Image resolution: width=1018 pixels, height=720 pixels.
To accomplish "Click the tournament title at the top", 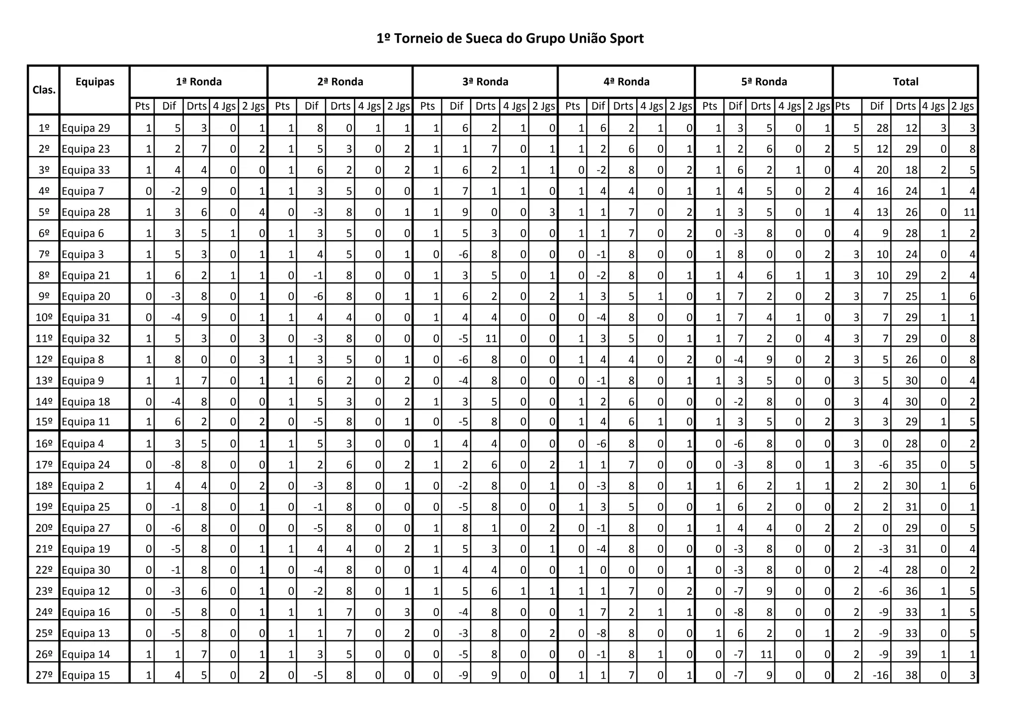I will point(510,39).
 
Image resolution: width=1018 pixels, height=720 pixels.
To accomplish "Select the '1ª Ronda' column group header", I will point(199,82).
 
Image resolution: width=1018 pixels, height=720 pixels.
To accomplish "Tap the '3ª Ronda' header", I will point(485,82).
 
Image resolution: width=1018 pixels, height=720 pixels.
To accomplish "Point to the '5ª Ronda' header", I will point(764,82).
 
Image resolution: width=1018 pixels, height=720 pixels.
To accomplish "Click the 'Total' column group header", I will point(906,82).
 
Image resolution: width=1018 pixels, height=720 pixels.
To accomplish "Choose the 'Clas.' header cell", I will point(44,90).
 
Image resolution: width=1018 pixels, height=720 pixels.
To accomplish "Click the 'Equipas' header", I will point(95,82).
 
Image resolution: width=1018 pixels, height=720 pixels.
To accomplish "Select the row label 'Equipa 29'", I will point(86,128).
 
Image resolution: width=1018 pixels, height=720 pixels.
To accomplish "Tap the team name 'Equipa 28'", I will point(86,212).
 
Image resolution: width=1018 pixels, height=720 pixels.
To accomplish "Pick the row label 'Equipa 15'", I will point(86,675).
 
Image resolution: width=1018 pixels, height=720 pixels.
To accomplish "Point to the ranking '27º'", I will point(44,675).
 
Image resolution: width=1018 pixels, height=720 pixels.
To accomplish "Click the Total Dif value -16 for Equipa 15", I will point(880,675).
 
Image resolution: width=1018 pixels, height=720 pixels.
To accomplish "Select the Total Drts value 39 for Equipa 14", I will point(911,654).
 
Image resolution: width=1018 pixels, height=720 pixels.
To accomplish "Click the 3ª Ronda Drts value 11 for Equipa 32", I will point(490,339).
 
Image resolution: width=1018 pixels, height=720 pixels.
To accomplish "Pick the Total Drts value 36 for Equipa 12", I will point(911,591).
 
